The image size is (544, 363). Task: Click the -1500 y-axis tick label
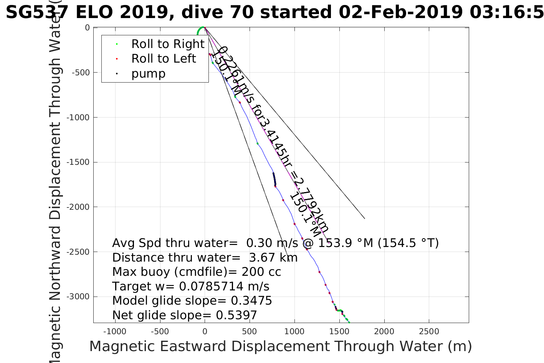79,162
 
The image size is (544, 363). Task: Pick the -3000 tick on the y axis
79,297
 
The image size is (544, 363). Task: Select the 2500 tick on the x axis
429,332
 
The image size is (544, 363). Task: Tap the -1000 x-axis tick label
114,332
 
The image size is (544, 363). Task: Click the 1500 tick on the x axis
339,332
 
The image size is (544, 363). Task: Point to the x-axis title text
280,346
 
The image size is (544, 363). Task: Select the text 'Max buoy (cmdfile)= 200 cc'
197,272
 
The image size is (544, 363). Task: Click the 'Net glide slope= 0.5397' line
184,315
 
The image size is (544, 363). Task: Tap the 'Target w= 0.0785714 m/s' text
191,287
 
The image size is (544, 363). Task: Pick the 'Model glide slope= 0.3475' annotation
192,301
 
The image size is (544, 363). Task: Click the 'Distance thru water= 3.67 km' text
205,258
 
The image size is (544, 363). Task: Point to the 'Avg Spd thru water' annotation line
275,243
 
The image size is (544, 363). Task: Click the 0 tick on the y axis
88,28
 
